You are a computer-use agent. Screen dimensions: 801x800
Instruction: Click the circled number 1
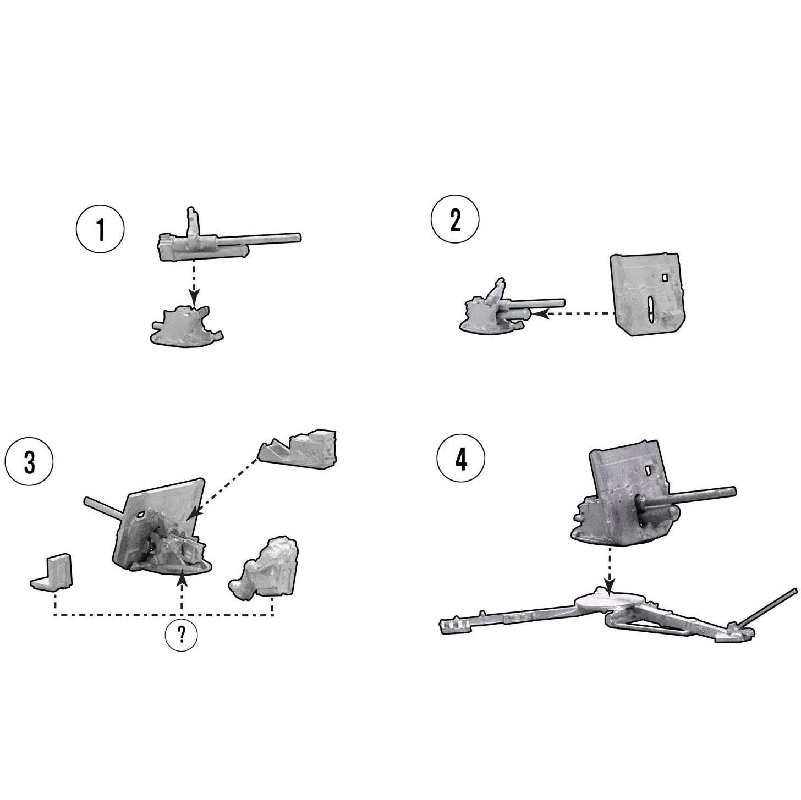click(x=100, y=229)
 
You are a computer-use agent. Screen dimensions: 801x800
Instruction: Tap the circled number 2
click(x=455, y=219)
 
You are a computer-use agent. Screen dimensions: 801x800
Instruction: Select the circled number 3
click(x=29, y=462)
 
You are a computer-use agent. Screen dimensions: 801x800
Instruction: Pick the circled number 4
click(x=461, y=460)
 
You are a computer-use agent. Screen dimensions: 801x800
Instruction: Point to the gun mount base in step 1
click(x=186, y=325)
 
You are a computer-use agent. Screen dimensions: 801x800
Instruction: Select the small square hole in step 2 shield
click(x=665, y=277)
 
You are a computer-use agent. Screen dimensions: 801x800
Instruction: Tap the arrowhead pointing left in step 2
click(x=539, y=315)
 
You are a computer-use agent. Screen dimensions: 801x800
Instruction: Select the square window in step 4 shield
click(x=648, y=470)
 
